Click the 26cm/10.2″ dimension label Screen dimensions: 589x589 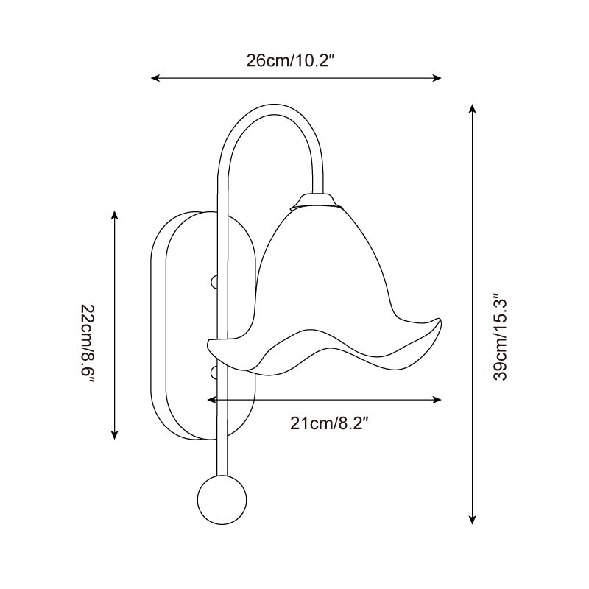point(290,60)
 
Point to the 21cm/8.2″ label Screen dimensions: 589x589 point(328,424)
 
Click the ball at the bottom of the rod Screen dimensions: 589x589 point(222,500)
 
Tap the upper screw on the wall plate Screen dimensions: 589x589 point(214,282)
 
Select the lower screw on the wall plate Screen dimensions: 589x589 point(214,373)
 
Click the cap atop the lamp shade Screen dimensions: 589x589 point(317,200)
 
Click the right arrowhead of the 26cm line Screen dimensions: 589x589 point(436,78)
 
